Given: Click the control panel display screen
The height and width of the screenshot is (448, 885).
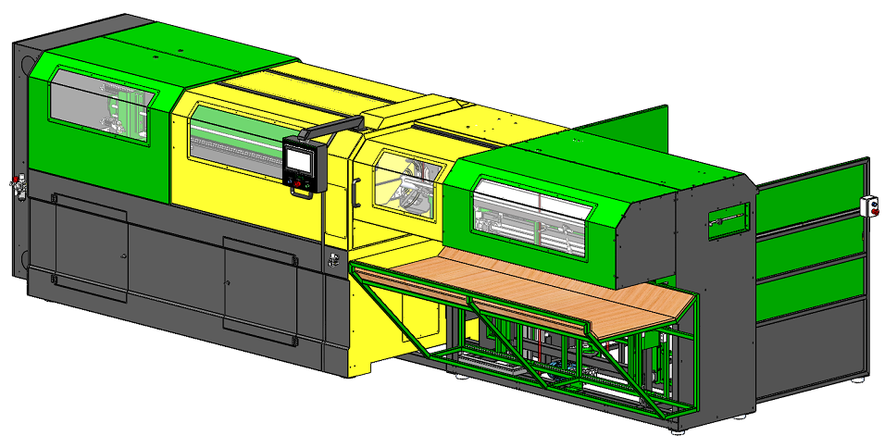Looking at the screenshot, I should click(x=302, y=158).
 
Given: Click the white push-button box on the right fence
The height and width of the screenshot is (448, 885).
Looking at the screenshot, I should click(x=868, y=205).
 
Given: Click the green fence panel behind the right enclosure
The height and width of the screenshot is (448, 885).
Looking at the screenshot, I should click(x=629, y=133).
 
